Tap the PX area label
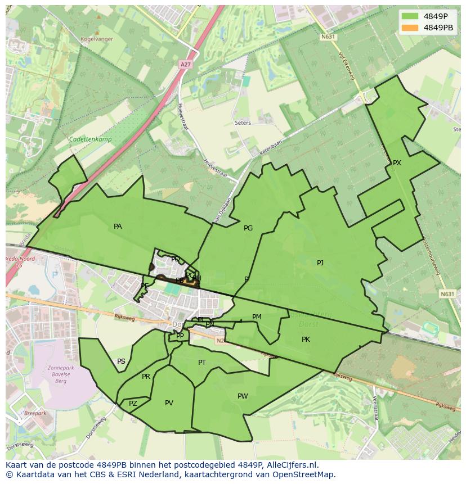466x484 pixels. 397,163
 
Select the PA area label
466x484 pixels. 118,227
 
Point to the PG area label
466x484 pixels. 248,228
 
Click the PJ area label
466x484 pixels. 320,263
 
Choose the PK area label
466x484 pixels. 306,339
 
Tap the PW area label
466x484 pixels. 243,396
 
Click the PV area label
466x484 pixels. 169,403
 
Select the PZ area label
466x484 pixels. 133,404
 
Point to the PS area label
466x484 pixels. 121,361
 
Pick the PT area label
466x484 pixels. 202,363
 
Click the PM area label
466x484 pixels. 257,317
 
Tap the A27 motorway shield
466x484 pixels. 185,65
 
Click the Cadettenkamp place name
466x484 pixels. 90,139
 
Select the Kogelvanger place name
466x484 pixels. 97,39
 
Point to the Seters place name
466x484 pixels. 243,123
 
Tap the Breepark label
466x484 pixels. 35,413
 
